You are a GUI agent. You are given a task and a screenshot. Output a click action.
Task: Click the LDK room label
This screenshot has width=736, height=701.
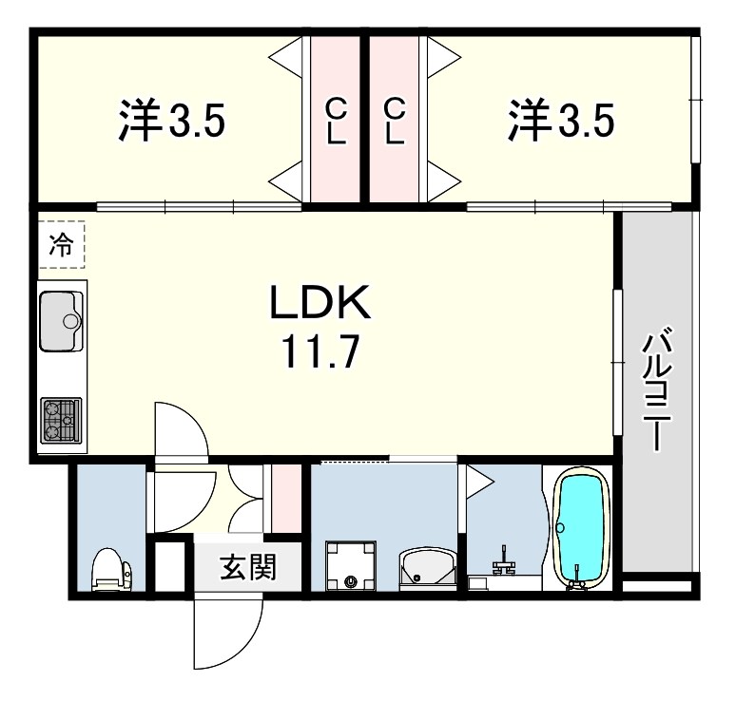319,305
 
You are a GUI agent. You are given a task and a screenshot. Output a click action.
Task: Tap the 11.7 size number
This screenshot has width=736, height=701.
319,353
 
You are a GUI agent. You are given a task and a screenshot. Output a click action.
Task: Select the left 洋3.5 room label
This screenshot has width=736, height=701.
171,122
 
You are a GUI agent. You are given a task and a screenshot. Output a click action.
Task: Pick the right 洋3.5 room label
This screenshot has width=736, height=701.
560,121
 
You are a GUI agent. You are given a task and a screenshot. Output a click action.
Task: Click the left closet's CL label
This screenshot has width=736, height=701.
337,121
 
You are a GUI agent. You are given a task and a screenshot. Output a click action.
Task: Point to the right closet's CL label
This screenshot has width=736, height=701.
395,121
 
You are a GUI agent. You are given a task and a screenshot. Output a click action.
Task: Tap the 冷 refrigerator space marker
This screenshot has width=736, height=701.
62,245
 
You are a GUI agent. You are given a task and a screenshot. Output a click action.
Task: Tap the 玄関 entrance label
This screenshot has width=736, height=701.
248,569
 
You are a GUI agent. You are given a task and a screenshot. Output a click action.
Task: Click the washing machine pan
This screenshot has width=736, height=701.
354,566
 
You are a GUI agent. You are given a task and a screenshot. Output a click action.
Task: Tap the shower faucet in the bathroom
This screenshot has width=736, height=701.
504,567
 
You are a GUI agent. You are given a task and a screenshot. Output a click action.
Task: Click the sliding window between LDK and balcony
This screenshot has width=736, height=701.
617,361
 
